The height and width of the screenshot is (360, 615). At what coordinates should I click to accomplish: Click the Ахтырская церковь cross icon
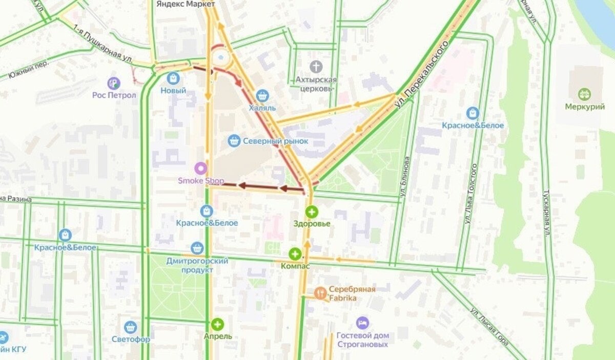316,67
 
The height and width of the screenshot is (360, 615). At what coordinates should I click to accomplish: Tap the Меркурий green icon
584,94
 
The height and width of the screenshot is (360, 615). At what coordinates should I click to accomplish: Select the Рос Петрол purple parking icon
114,82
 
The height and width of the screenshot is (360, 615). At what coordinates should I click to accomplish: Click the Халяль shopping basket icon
262,95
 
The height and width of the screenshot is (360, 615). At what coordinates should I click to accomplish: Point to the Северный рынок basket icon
234,141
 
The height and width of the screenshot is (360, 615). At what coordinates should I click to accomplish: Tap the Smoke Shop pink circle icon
201,168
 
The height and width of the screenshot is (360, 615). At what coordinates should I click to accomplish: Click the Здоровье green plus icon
312,211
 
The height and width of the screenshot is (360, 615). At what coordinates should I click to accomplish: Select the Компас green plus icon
295,254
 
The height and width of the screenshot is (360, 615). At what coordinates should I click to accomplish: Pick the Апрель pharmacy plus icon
218,324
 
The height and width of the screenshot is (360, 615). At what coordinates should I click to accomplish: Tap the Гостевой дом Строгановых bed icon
362,323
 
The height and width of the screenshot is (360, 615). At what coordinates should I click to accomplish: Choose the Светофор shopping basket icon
131,327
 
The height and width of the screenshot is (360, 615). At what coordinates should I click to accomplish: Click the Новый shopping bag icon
173,78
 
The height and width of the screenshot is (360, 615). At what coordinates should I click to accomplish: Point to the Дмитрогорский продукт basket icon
197,248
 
